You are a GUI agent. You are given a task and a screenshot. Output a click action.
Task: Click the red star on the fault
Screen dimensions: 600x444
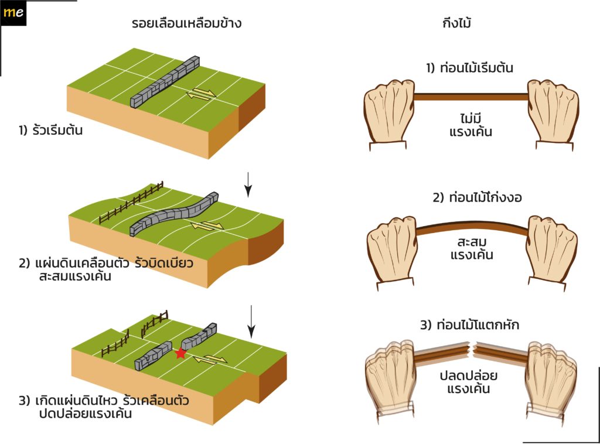pyautogui.click(x=180, y=353)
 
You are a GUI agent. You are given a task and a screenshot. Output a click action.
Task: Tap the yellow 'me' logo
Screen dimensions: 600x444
pyautogui.click(x=13, y=12)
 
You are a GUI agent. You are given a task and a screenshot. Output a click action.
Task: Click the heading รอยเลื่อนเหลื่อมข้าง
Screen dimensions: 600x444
pyautogui.click(x=187, y=23)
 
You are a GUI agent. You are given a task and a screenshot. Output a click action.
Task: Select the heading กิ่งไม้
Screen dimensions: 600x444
pyautogui.click(x=457, y=23)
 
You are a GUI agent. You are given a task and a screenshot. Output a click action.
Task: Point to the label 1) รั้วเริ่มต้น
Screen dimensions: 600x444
pyautogui.click(x=50, y=130)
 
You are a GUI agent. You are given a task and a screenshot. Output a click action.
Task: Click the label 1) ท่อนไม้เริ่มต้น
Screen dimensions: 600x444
pyautogui.click(x=469, y=68)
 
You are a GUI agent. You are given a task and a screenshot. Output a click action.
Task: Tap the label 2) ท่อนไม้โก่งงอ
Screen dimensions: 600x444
pyautogui.click(x=477, y=197)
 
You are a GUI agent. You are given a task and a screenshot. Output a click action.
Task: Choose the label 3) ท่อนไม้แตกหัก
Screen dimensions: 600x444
pyautogui.click(x=469, y=325)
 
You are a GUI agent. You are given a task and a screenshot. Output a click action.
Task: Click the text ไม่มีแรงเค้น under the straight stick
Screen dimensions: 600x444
pyautogui.click(x=471, y=125)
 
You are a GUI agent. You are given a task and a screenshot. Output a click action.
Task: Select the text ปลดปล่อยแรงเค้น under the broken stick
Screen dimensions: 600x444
pyautogui.click(x=468, y=382)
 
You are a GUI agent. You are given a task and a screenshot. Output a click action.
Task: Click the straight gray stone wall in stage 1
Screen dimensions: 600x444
pyautogui.click(x=165, y=82)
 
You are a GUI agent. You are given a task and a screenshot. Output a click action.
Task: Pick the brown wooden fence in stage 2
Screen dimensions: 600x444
pyautogui.click(x=131, y=203)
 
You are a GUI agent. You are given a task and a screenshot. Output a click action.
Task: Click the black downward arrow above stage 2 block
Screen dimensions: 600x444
pyautogui.click(x=248, y=185)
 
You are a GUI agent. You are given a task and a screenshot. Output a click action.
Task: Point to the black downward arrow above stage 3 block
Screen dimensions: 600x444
pyautogui.click(x=251, y=322)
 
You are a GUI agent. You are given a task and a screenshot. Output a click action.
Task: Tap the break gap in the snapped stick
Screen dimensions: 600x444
pyautogui.click(x=472, y=349)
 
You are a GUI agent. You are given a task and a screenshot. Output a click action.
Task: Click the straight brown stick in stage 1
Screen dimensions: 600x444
pyautogui.click(x=472, y=97)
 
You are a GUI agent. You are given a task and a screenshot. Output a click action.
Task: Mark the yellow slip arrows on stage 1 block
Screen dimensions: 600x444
pyautogui.click(x=202, y=94)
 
